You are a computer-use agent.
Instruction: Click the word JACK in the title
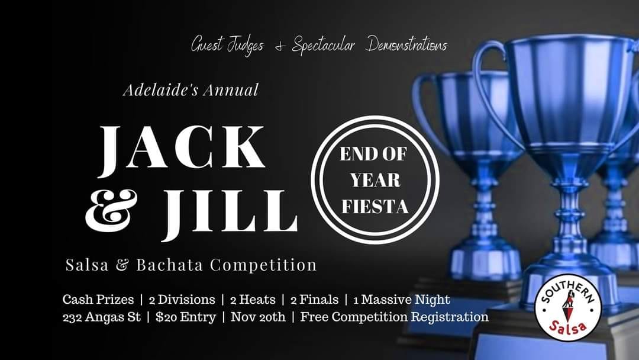[x=182, y=149]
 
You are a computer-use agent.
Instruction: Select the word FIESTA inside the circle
[x=375, y=207]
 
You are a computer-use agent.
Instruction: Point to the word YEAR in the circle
[x=375, y=180]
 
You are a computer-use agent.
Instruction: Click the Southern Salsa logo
[x=569, y=307]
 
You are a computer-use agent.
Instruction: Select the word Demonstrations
[x=406, y=44]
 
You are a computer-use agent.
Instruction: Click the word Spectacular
[x=323, y=46]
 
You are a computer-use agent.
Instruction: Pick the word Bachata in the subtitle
[x=170, y=265]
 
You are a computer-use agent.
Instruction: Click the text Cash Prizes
[x=98, y=300]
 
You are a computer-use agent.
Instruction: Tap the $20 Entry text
[x=186, y=317]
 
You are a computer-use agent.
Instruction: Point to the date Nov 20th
[x=258, y=317]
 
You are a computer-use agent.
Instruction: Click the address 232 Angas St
[x=102, y=317]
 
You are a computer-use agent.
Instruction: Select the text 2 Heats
[x=253, y=300]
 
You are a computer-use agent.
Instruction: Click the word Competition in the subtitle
[x=263, y=265]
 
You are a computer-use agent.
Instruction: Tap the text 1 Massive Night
[x=401, y=300]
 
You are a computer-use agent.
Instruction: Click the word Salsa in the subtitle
[x=87, y=265]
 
